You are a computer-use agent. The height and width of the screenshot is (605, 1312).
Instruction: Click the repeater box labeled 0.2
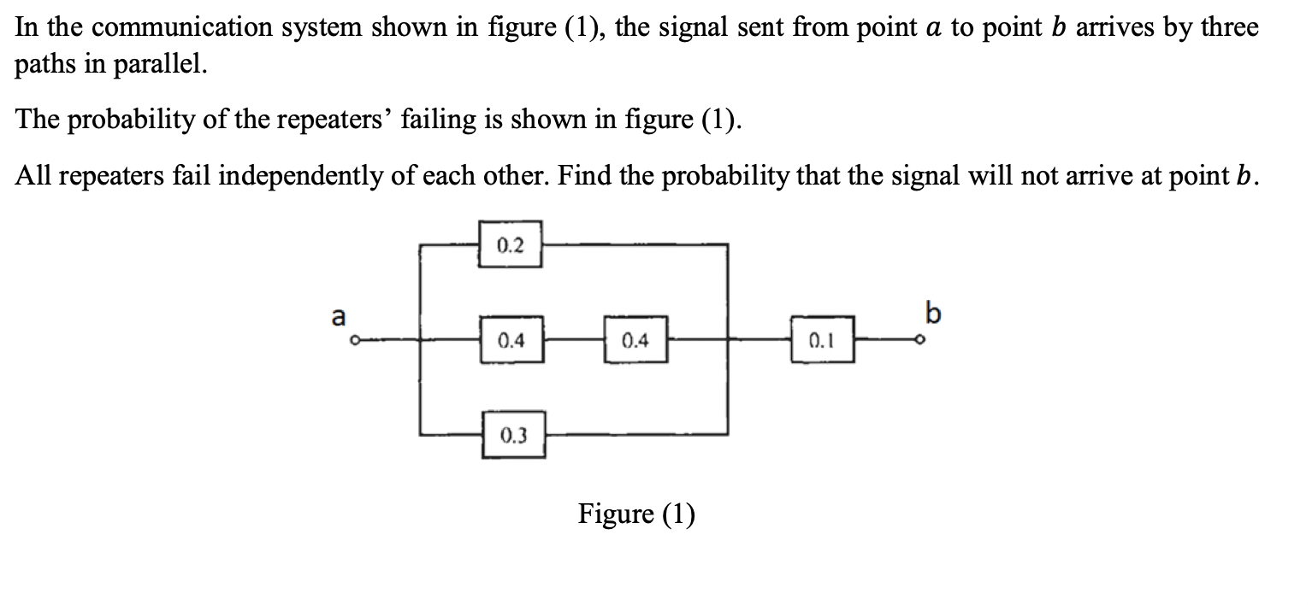tap(510, 246)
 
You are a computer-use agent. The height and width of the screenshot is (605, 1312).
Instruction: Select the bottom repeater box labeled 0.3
tap(513, 436)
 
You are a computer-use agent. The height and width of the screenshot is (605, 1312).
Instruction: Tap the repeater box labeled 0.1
tap(822, 342)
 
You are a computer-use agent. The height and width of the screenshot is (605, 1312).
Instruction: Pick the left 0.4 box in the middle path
tap(511, 342)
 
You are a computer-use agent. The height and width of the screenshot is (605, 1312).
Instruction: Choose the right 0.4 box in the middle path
tap(635, 342)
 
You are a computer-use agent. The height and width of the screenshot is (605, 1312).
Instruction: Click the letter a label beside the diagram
tap(339, 317)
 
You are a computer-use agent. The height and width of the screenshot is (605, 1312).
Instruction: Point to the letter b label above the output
tap(932, 313)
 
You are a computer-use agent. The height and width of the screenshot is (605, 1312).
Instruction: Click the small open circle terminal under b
tap(920, 342)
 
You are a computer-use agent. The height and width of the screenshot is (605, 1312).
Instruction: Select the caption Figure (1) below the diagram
tap(636, 514)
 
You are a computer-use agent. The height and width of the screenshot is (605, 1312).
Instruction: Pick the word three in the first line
tap(1229, 28)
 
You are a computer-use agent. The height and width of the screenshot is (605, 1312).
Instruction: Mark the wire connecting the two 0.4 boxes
tap(573, 342)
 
